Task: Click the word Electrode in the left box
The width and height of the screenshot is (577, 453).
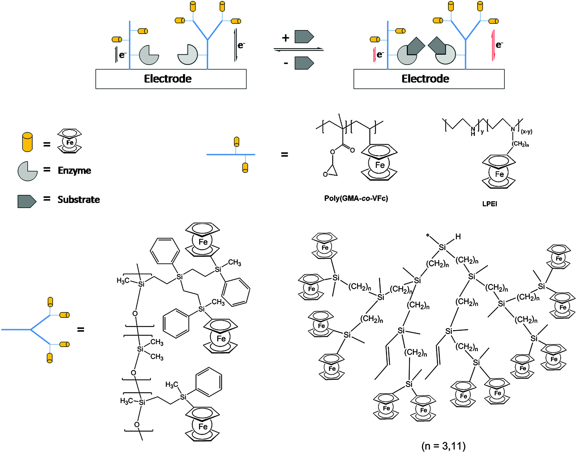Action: pyautogui.click(x=168, y=79)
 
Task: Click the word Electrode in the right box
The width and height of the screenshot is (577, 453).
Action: pyautogui.click(x=425, y=79)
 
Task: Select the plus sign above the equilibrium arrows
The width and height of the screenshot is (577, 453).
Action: pyautogui.click(x=286, y=38)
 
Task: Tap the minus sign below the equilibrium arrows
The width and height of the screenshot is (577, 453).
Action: pyautogui.click(x=286, y=63)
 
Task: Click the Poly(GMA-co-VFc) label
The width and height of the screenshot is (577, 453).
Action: pyautogui.click(x=356, y=198)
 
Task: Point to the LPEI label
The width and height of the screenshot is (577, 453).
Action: pyautogui.click(x=490, y=204)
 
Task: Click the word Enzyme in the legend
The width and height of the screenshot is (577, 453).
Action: pyautogui.click(x=74, y=171)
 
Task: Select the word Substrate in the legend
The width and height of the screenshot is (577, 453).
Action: pyautogui.click(x=79, y=200)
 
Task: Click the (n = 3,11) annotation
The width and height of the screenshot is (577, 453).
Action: pyautogui.click(x=443, y=446)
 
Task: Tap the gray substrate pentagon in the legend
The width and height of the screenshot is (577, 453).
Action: pyautogui.click(x=26, y=201)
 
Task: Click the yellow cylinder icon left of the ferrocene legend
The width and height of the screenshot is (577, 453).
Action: pyautogui.click(x=27, y=142)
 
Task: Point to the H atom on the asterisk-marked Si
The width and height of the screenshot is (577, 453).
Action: pyautogui.click(x=458, y=237)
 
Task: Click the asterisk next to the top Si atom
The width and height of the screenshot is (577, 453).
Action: pyautogui.click(x=428, y=235)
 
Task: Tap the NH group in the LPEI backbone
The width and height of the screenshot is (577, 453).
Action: pyautogui.click(x=473, y=131)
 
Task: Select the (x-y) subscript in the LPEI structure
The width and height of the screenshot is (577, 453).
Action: pyautogui.click(x=526, y=132)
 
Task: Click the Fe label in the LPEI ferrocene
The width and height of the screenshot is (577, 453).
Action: pyautogui.click(x=499, y=174)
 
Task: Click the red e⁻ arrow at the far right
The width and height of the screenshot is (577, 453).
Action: pyautogui.click(x=493, y=46)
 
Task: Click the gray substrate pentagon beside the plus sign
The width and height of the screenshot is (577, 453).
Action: pyautogui.click(x=304, y=37)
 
